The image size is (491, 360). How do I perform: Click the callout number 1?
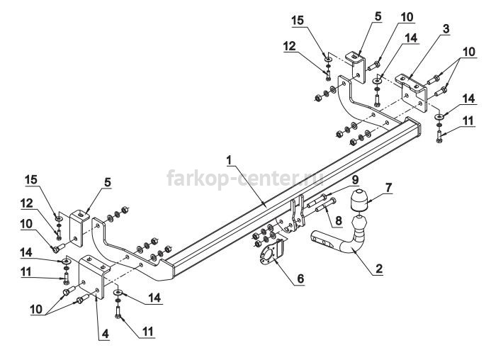[x=230, y=161]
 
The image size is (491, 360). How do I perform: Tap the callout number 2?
[x=378, y=269]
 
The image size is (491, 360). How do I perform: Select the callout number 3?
[x=446, y=29]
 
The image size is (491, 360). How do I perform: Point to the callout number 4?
[x=105, y=334]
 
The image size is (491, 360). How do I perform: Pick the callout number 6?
[x=300, y=279]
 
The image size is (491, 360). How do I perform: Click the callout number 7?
[x=388, y=188]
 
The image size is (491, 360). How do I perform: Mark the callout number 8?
[x=339, y=220]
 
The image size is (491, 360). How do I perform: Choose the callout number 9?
[x=355, y=180]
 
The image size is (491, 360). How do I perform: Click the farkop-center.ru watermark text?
[x=245, y=178]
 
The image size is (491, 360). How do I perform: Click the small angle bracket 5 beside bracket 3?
[x=356, y=67]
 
